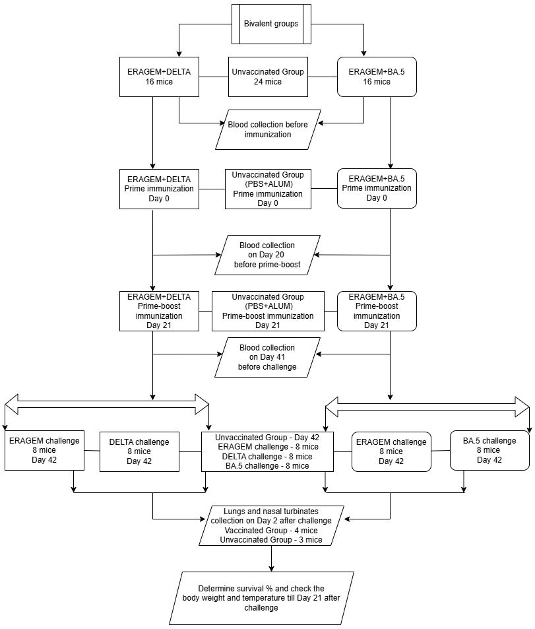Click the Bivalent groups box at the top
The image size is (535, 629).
point(271,24)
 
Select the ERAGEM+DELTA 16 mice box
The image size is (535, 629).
point(159,77)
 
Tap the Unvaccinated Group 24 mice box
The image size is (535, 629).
point(268,77)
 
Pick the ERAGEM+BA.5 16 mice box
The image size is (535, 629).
point(377,77)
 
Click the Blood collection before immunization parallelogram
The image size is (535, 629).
point(268,129)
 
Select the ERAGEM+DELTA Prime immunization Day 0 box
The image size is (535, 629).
point(159,189)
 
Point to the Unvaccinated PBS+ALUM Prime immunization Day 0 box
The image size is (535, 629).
point(268,189)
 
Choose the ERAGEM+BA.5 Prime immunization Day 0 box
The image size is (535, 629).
point(377,189)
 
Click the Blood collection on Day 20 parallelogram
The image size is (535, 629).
point(268,255)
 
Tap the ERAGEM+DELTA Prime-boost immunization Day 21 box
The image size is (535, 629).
point(159,311)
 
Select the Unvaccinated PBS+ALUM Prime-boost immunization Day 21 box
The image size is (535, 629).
point(268,311)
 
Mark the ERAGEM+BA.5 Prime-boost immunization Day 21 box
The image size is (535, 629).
point(377,311)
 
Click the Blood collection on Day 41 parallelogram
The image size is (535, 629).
point(268,357)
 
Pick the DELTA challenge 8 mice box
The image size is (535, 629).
point(139,451)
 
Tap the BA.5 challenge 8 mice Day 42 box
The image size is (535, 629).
point(489,450)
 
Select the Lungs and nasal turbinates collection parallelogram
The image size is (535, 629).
point(272,525)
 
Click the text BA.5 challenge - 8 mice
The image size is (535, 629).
point(267,466)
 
